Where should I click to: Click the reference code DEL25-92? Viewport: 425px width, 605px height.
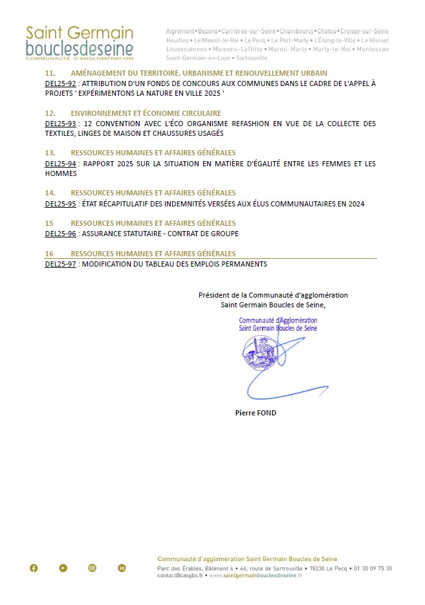click(x=60, y=84)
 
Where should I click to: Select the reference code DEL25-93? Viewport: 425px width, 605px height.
click(x=60, y=124)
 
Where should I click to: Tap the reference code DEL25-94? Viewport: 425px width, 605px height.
click(x=60, y=164)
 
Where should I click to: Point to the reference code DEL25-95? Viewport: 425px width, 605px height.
click(x=60, y=204)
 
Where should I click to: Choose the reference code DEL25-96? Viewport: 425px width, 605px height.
click(x=60, y=234)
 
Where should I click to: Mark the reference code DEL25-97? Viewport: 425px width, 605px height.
click(x=60, y=264)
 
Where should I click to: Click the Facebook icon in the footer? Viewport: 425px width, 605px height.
click(x=34, y=568)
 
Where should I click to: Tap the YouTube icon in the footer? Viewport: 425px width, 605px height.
click(x=63, y=568)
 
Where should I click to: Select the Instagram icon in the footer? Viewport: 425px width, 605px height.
click(x=93, y=568)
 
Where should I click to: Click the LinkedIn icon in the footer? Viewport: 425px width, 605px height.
click(x=122, y=568)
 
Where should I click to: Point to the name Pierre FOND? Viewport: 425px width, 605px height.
click(x=256, y=413)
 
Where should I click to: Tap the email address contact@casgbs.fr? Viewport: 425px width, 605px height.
click(x=179, y=575)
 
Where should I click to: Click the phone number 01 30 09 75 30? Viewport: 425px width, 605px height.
click(x=373, y=568)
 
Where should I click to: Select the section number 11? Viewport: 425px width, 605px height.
click(x=50, y=73)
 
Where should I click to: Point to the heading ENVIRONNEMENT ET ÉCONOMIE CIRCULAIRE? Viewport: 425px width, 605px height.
click(x=146, y=113)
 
